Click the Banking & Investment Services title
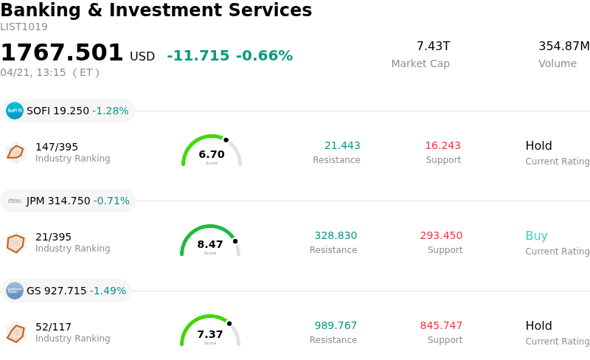click(156, 10)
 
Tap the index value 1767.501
click(62, 53)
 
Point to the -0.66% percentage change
click(264, 56)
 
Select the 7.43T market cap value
click(433, 46)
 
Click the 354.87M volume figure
click(563, 46)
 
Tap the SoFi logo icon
click(15, 111)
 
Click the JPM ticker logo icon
click(15, 201)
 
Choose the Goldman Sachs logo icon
click(15, 291)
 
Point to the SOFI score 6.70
click(212, 154)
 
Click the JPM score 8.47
click(210, 244)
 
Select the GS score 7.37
click(210, 334)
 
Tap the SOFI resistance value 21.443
click(342, 146)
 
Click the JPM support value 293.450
click(441, 236)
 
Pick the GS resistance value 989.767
click(336, 326)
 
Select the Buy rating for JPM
click(536, 236)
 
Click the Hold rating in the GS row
click(538, 326)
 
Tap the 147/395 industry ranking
click(57, 147)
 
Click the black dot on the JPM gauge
click(235, 241)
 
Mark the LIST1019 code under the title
click(24, 27)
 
